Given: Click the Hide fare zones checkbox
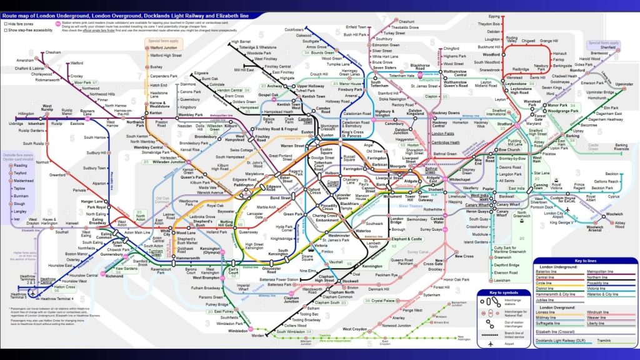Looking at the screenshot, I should point(5,24).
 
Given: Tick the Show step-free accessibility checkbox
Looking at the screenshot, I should point(5,29).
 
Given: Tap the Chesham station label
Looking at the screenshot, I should point(53,52).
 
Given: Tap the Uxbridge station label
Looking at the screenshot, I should point(16,124).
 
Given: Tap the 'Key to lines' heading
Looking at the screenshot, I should point(586,260).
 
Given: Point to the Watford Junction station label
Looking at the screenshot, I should point(164,47).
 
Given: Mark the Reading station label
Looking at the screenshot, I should point(20,166).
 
